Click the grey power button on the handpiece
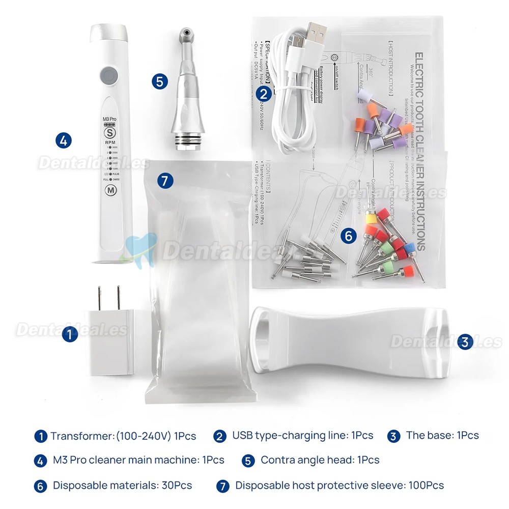pyautogui.click(x=107, y=76)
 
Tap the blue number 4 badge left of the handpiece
pyautogui.click(x=63, y=140)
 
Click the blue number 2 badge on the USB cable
pyautogui.click(x=263, y=93)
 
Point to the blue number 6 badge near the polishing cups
pyautogui.click(x=348, y=236)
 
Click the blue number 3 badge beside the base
pyautogui.click(x=463, y=342)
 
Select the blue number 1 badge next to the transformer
pyautogui.click(x=70, y=334)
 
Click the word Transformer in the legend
pyautogui.click(x=81, y=436)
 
